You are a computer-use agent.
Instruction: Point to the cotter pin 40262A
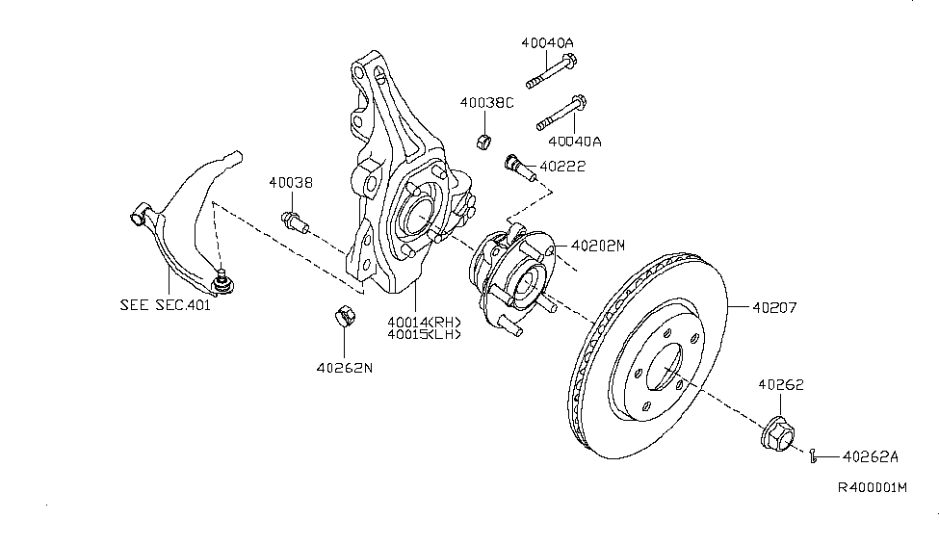(x=815, y=454)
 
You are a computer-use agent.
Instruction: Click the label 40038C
(x=486, y=103)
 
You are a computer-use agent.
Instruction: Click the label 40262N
(x=343, y=366)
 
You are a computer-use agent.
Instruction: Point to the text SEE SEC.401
(x=164, y=305)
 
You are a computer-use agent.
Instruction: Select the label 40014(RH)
(x=424, y=322)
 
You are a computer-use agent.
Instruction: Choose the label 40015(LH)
(x=424, y=335)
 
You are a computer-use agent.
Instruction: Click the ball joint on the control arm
(x=222, y=280)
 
